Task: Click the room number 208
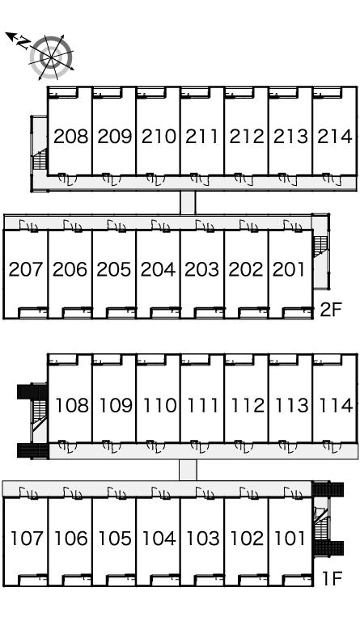(71, 136)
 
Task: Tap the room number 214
(335, 136)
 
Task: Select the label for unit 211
(202, 136)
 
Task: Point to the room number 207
(26, 269)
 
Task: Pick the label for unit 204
(158, 269)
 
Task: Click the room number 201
(289, 269)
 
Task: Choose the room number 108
(72, 405)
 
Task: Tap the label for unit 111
(202, 405)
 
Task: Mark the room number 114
(336, 405)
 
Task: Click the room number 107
(27, 539)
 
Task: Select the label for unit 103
(203, 539)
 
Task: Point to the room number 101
(290, 539)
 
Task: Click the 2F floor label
(331, 310)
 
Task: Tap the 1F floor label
(332, 579)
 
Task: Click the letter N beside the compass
(24, 42)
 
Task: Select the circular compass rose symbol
(52, 57)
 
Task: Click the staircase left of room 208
(40, 159)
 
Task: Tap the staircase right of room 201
(321, 246)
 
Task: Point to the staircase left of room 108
(39, 415)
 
